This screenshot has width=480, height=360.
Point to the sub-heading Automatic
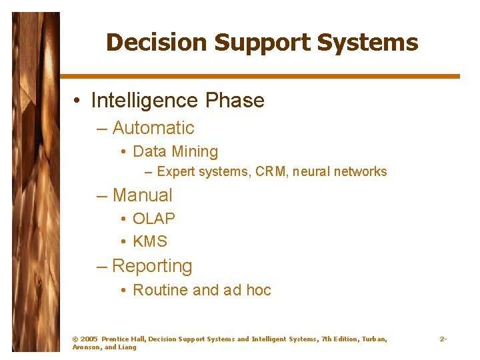(153, 128)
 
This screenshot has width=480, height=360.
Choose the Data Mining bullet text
(175, 152)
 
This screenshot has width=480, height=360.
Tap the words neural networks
(342, 172)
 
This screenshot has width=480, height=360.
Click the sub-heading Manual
(142, 195)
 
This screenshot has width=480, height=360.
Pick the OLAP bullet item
(154, 219)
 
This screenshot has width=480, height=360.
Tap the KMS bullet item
(150, 242)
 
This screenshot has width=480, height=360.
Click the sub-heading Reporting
(152, 266)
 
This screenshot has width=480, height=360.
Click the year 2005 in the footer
(89, 339)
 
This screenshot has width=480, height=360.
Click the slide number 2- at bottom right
(443, 339)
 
